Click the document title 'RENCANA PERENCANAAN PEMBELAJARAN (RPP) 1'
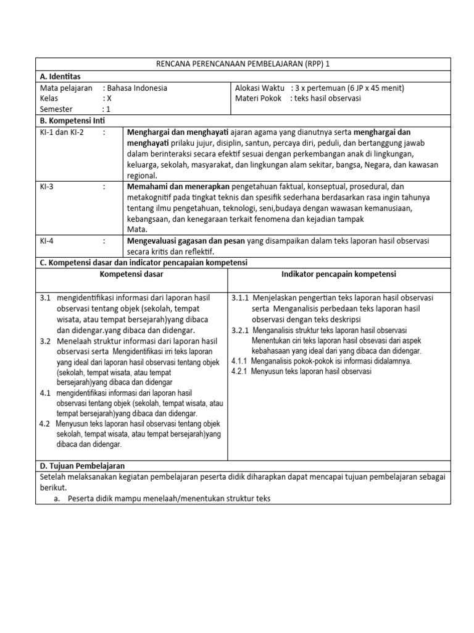(x=243, y=64)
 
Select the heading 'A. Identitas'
(x=60, y=76)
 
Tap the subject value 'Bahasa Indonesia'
(x=136, y=88)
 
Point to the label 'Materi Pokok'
(x=258, y=98)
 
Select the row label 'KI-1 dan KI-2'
(x=62, y=132)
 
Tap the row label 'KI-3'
(x=47, y=186)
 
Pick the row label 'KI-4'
(x=47, y=240)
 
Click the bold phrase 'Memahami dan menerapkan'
(x=178, y=186)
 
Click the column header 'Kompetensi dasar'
(x=131, y=274)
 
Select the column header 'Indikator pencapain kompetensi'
(x=339, y=274)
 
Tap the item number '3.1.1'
(x=240, y=297)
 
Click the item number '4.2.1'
(x=239, y=372)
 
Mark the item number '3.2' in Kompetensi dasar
(x=45, y=341)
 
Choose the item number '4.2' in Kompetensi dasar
(x=44, y=424)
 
